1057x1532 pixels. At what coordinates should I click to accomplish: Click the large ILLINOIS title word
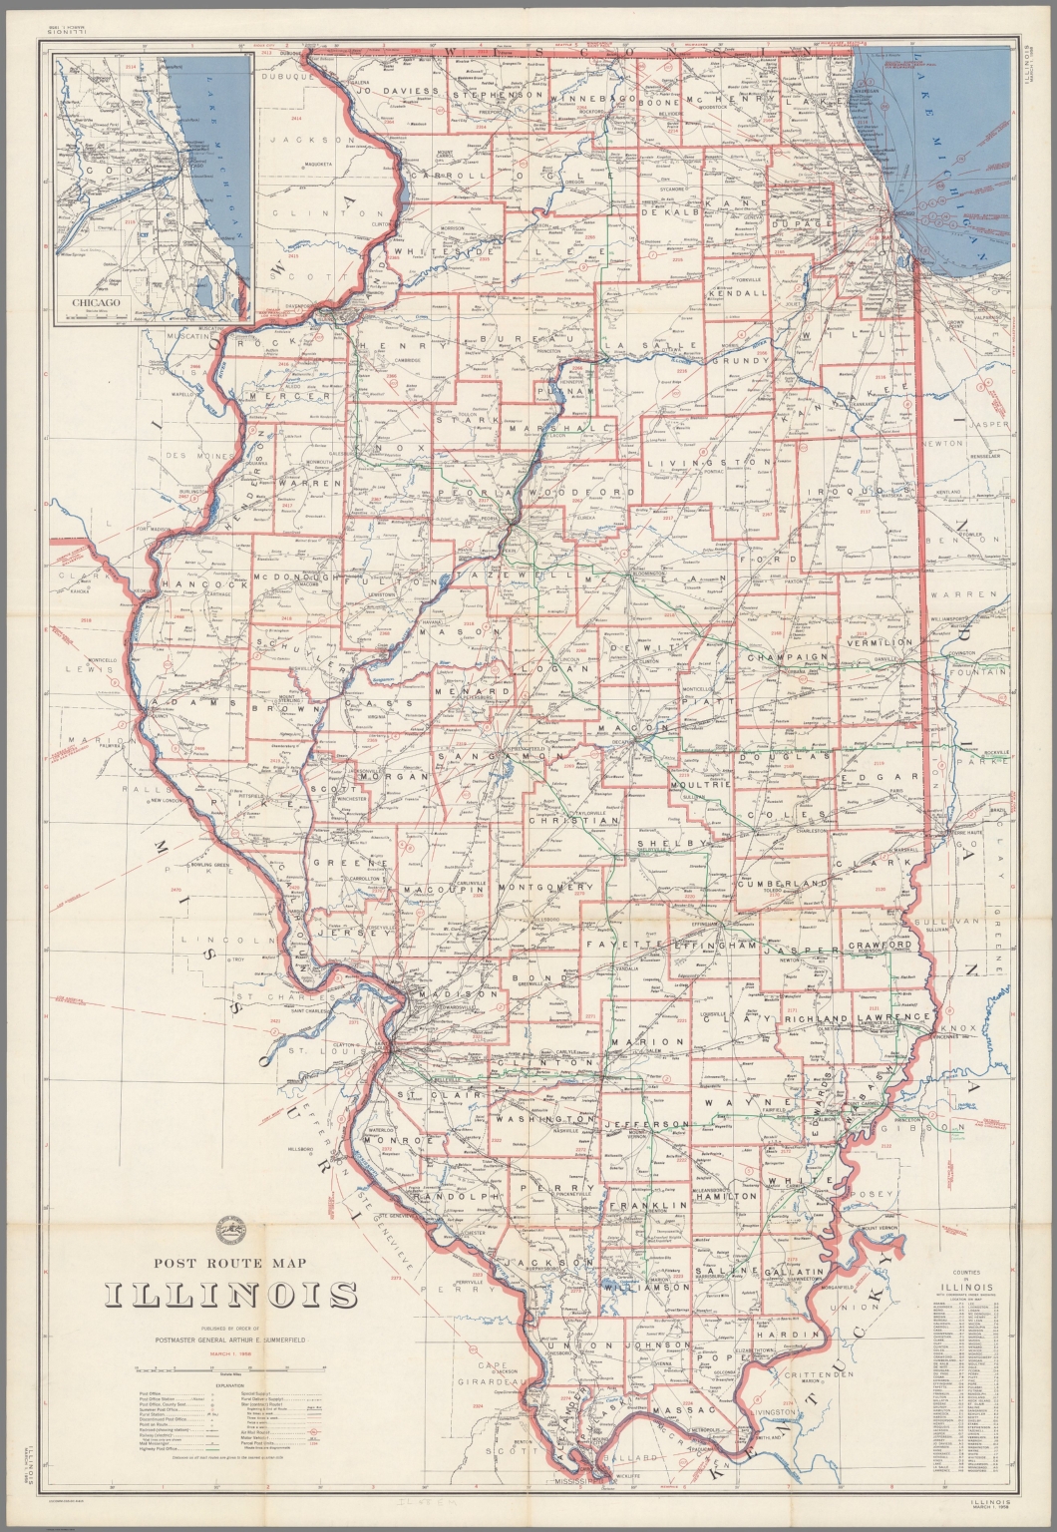231,1297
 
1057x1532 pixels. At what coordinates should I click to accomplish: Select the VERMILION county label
880,643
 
